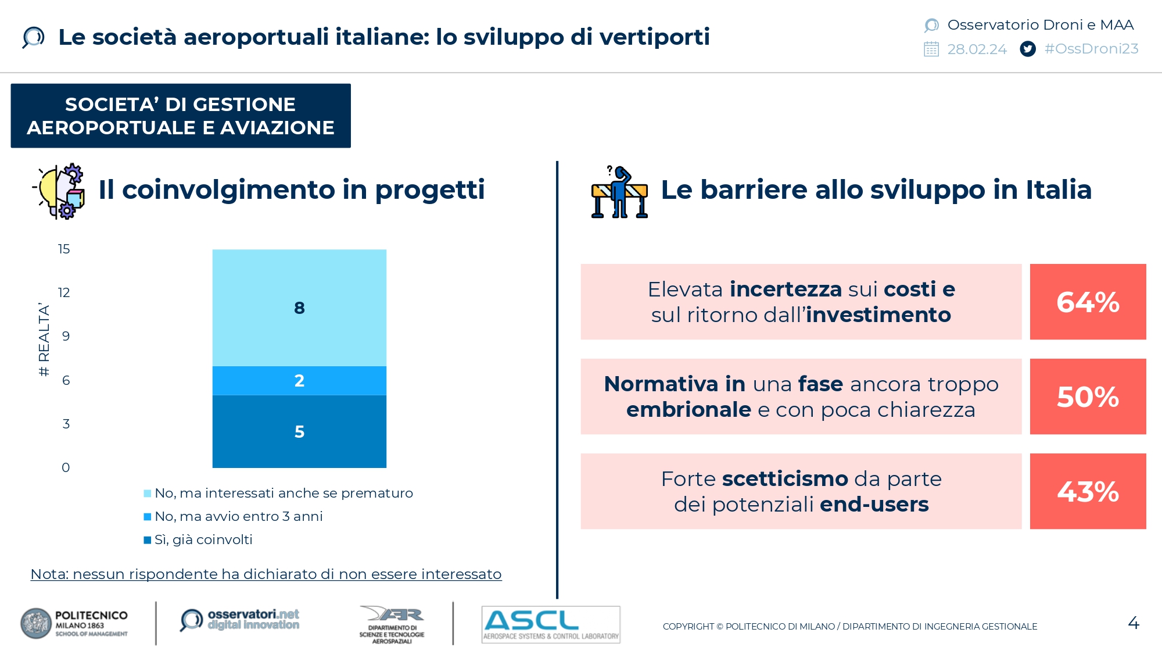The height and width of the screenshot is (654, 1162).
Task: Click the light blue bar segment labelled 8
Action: pyautogui.click(x=299, y=308)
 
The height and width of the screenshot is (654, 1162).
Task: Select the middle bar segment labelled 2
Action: pyautogui.click(x=299, y=381)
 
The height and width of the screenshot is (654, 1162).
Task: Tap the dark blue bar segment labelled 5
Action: pyautogui.click(x=299, y=431)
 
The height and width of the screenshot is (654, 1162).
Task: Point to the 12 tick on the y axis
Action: pyautogui.click(x=64, y=292)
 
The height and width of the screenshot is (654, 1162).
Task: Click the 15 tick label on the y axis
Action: pyautogui.click(x=64, y=249)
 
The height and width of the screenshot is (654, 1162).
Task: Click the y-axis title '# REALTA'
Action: pyautogui.click(x=44, y=339)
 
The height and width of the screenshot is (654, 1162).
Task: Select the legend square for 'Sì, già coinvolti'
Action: pyautogui.click(x=148, y=540)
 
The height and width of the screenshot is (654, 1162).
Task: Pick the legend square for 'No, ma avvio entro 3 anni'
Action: pyautogui.click(x=148, y=517)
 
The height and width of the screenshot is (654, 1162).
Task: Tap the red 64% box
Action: pyautogui.click(x=1088, y=302)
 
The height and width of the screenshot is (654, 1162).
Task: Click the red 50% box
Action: pyautogui.click(x=1088, y=396)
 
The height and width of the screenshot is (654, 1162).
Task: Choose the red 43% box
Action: pyautogui.click(x=1088, y=491)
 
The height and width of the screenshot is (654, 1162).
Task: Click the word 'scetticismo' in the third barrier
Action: pyautogui.click(x=785, y=479)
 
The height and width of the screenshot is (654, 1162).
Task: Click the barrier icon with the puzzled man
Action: pyautogui.click(x=619, y=192)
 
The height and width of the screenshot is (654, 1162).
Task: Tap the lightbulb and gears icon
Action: pyautogui.click(x=59, y=191)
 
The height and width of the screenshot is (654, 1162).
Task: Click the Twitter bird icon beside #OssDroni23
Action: pyautogui.click(x=1028, y=49)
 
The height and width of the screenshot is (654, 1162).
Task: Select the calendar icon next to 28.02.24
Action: pyautogui.click(x=931, y=49)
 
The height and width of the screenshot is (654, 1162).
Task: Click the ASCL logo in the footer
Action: pyautogui.click(x=551, y=624)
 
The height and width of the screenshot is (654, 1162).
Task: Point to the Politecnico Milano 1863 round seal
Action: pyautogui.click(x=36, y=624)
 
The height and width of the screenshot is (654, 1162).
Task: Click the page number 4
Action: pyautogui.click(x=1134, y=623)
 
